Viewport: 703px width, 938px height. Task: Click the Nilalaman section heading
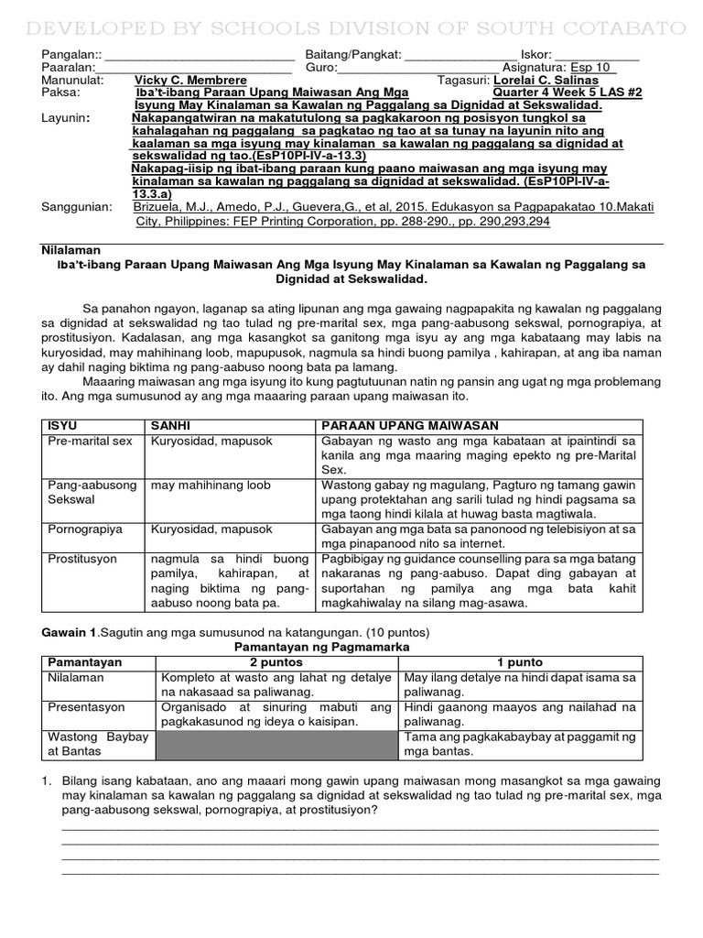click(x=71, y=250)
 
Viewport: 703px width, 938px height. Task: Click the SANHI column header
click(x=170, y=426)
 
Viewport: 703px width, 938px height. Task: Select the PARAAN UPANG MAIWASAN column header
click(x=408, y=426)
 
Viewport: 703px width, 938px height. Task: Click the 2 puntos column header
click(x=275, y=662)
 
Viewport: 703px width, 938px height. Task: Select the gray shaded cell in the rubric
click(x=275, y=744)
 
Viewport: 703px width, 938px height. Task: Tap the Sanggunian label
click(x=78, y=208)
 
